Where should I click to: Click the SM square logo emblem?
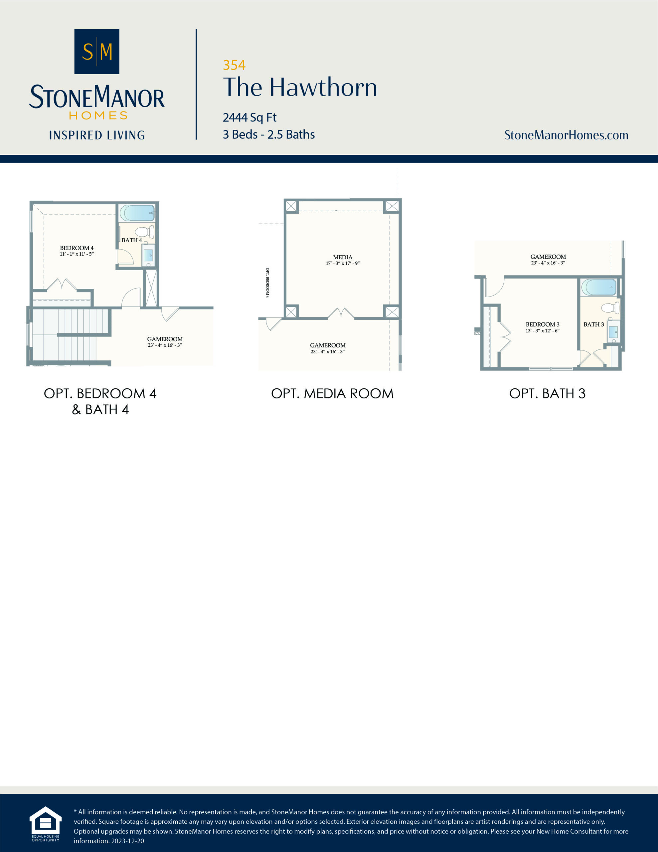coord(97,52)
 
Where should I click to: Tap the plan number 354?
coord(234,65)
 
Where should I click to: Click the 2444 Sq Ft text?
coord(249,117)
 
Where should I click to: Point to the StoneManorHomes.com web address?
coord(566,135)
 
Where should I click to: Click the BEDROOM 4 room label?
coord(77,248)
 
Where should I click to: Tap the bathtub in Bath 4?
coord(137,213)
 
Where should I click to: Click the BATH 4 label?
coord(131,240)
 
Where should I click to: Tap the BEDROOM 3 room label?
coord(543,324)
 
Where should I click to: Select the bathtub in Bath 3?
coord(599,288)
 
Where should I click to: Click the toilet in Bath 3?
coord(610,308)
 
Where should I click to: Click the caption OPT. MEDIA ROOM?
coord(332,394)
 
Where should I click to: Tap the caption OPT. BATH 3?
coord(547,394)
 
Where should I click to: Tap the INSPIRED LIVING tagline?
coord(97,135)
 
